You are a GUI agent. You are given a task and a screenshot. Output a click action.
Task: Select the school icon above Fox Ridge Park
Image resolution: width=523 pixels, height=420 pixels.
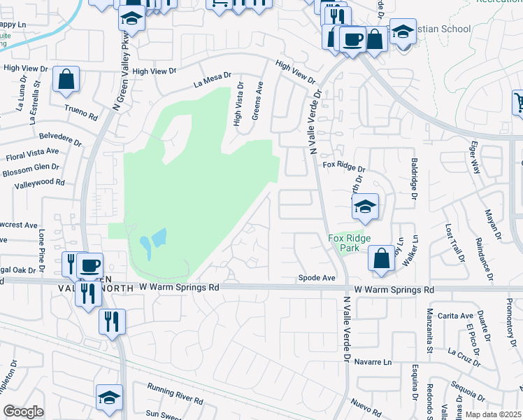364,206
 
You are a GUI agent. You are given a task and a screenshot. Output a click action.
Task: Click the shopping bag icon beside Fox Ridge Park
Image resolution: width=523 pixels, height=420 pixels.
382,258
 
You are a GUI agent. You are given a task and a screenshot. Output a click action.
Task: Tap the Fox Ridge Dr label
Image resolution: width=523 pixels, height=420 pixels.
344,169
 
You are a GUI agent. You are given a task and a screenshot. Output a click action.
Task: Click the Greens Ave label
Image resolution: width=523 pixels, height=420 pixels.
257,99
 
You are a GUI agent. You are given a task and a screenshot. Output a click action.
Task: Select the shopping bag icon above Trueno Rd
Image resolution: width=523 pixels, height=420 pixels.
66,80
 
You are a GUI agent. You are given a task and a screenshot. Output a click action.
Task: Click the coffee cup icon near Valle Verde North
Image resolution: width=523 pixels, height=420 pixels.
89,265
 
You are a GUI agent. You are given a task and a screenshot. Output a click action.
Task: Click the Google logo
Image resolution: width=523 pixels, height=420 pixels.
23,412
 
